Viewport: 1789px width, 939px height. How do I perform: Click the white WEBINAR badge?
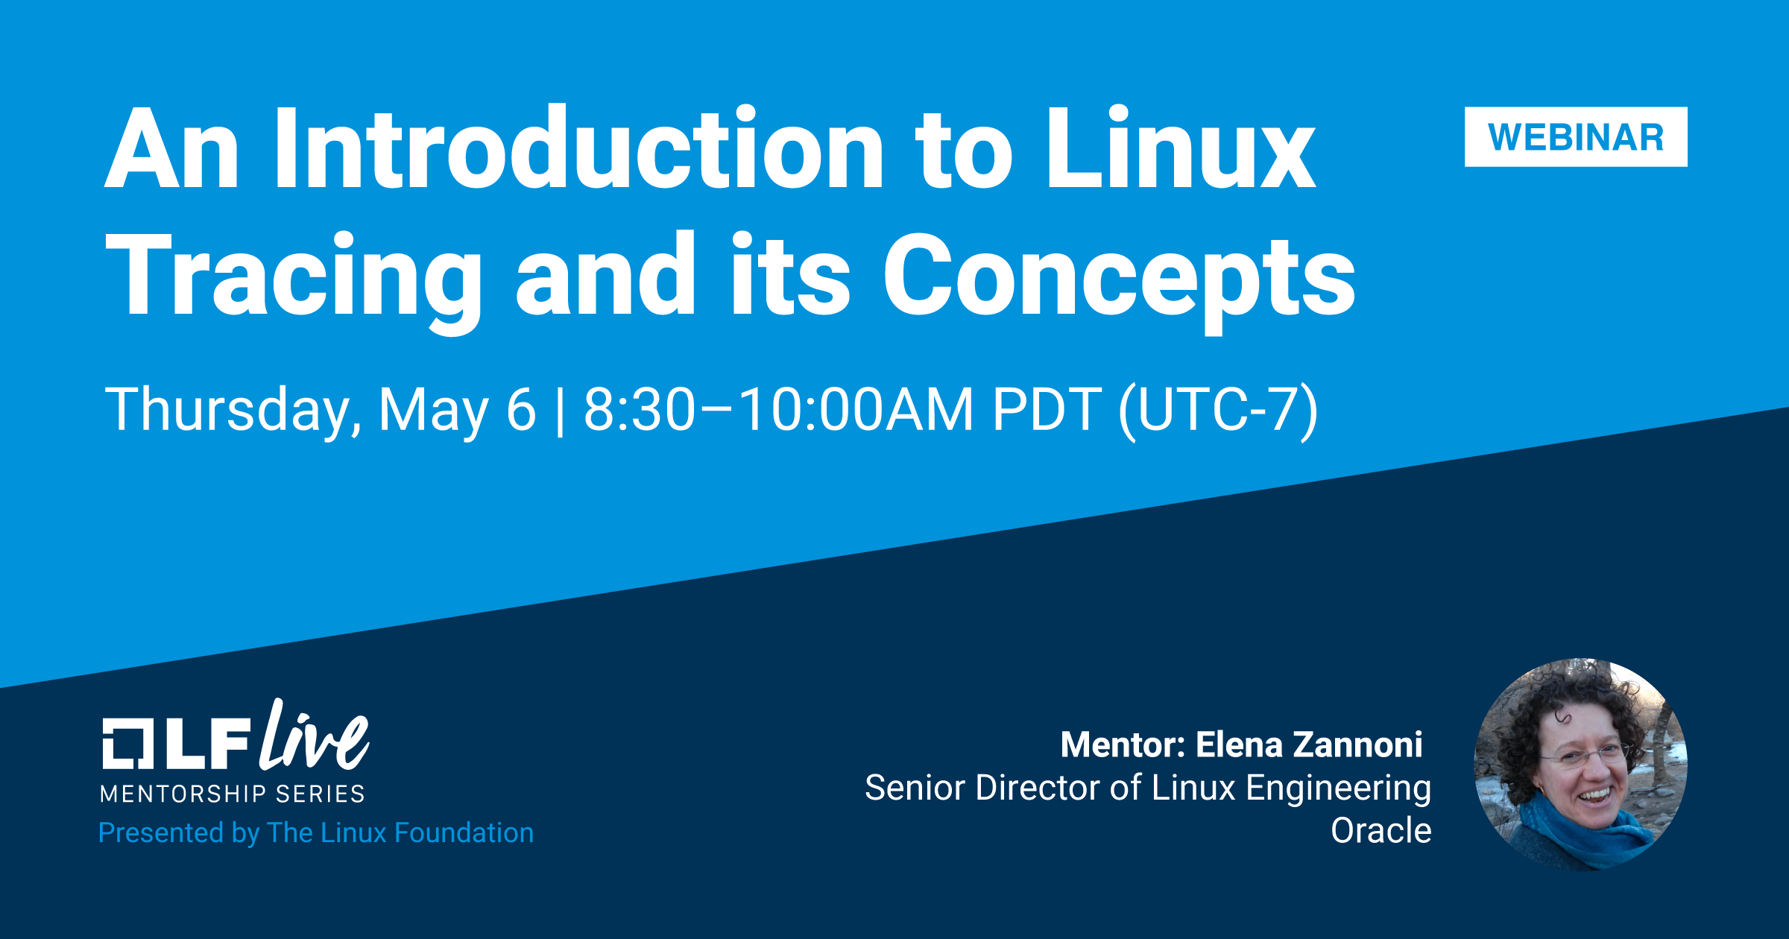pos(1576,137)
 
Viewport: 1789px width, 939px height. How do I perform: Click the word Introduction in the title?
pos(578,148)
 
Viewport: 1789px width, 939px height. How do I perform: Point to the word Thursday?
pos(233,409)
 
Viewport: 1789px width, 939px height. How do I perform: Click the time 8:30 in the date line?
pos(639,409)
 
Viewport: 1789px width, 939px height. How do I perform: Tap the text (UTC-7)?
pos(1219,411)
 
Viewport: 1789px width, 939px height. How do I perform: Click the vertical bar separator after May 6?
pos(560,410)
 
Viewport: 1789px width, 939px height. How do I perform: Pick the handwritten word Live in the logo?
pos(314,736)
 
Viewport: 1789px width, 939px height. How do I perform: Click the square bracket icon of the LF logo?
pos(127,743)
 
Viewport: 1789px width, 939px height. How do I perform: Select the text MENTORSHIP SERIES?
pos(233,794)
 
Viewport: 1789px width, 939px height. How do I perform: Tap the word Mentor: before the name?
pos(1123,744)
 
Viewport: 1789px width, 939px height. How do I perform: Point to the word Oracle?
pos(1381,830)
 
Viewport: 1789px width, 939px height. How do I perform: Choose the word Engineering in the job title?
pos(1339,788)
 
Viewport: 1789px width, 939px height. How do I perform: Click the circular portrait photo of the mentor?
pos(1580,765)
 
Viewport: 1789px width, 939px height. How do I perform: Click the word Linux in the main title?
pos(1181,148)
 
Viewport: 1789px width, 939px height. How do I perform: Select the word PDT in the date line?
pos(1047,409)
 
